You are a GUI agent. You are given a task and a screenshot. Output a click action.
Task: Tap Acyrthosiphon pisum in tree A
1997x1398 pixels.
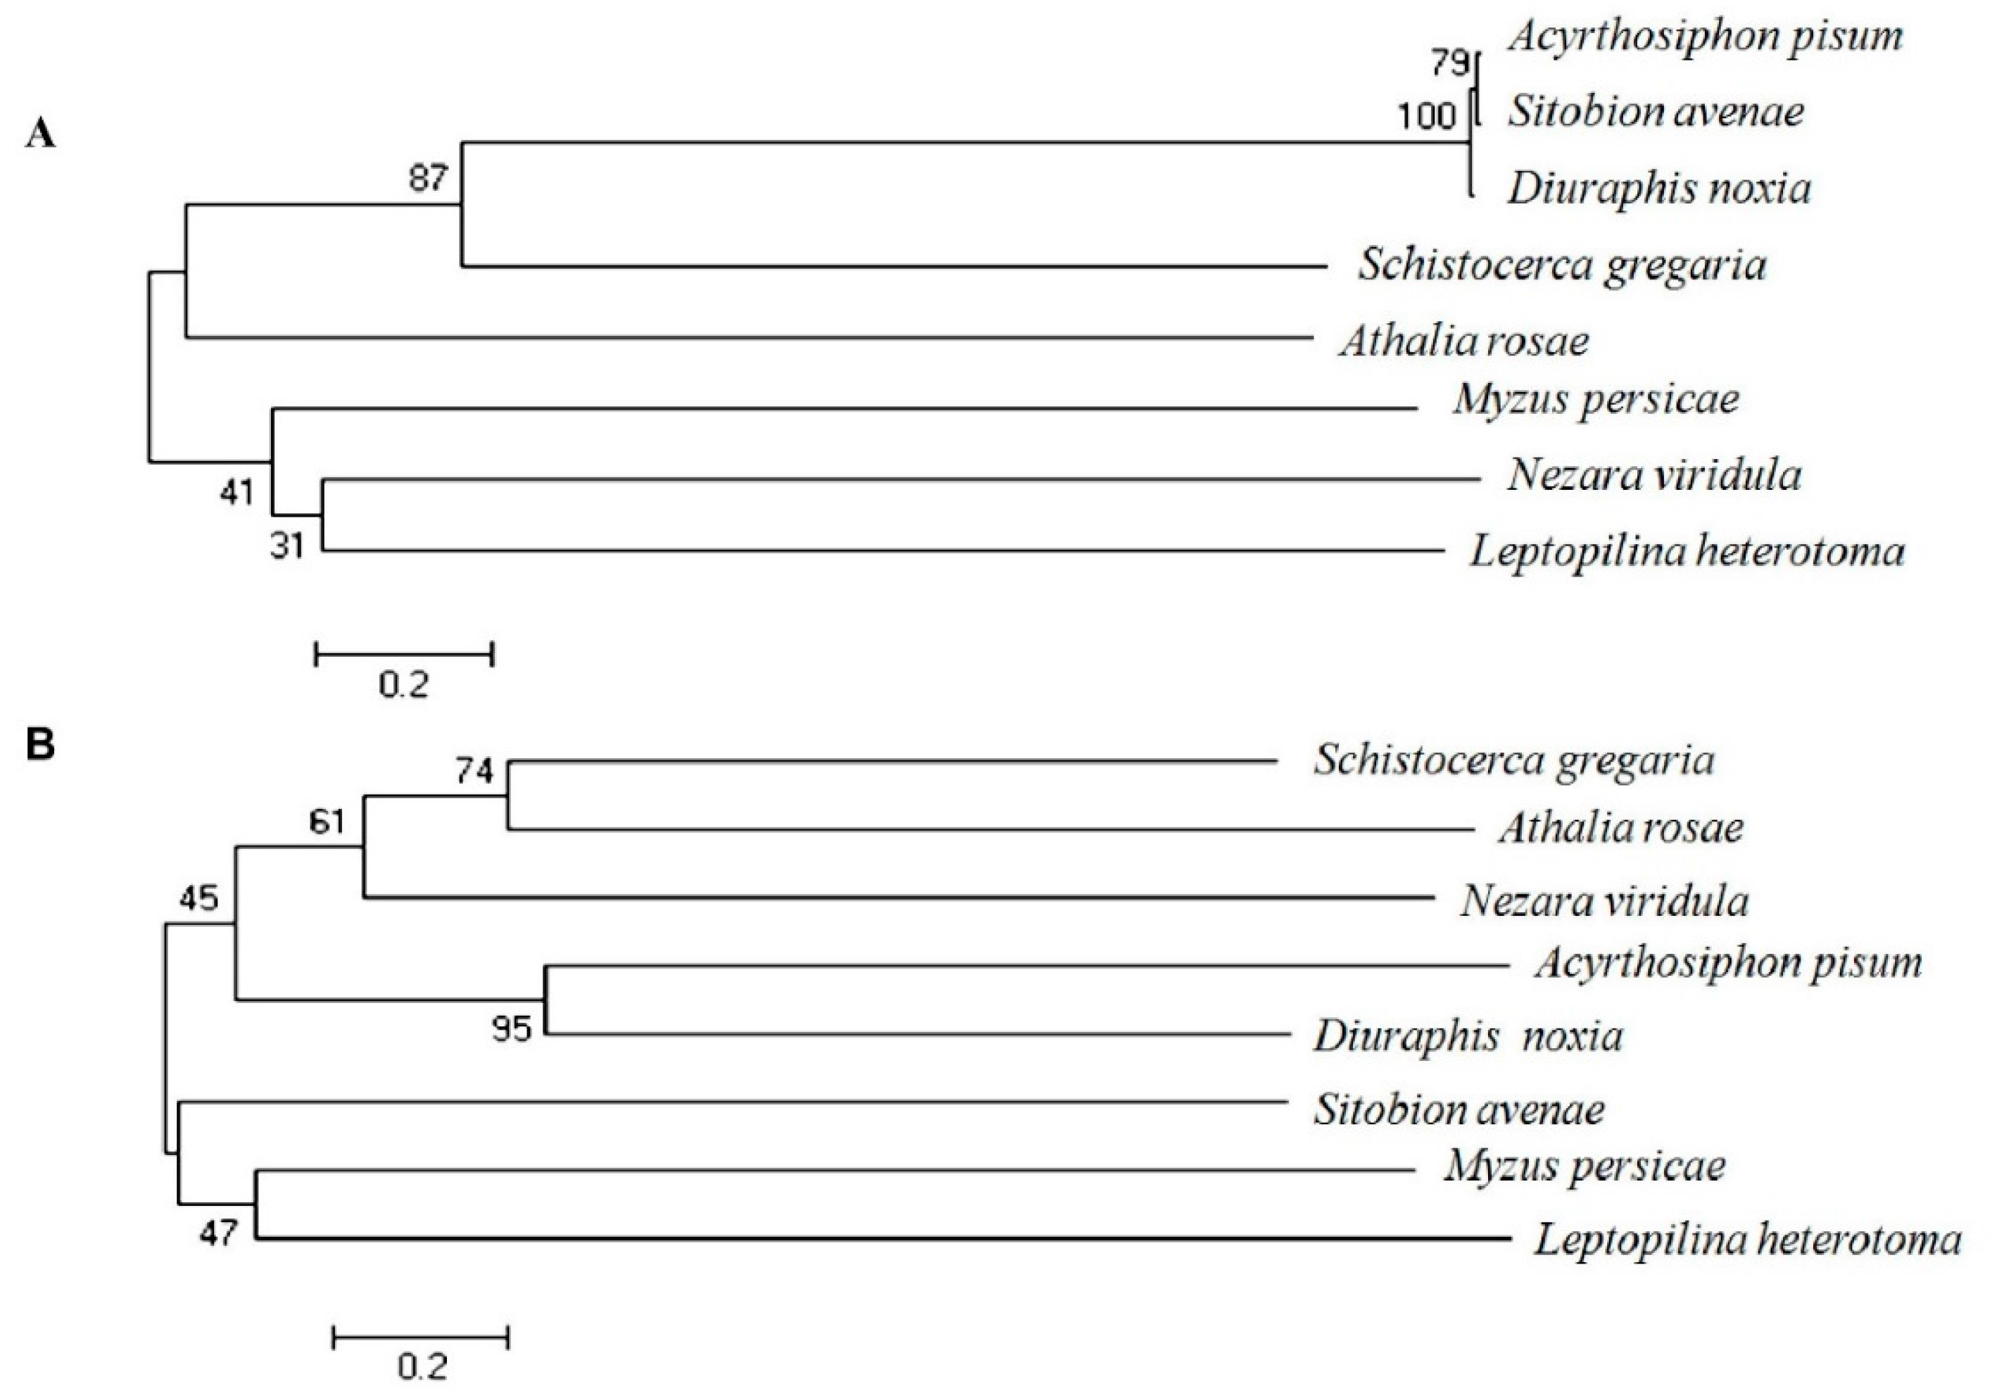[1706, 37]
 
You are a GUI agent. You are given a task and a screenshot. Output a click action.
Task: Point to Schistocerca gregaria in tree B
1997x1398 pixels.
[1513, 760]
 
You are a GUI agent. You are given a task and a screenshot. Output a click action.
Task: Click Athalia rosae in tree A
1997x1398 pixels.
[1465, 340]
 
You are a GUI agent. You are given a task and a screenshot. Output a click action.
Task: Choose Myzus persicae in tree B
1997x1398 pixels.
[1585, 1166]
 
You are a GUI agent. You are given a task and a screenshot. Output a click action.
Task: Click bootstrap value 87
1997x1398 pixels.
[428, 178]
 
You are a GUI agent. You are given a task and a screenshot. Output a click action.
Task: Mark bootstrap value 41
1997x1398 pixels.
[237, 493]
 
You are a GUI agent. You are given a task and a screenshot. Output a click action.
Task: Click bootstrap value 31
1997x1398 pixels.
[287, 546]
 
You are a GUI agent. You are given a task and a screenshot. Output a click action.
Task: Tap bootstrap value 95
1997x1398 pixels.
[510, 1029]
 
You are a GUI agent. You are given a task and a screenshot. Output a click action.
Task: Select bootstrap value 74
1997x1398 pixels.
[474, 771]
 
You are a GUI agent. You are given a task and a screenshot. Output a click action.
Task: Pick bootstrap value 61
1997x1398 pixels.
[327, 821]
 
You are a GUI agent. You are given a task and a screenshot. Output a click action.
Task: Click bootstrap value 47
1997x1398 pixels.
[218, 1233]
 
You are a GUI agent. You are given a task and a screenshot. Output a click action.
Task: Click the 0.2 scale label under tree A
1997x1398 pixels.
[403, 686]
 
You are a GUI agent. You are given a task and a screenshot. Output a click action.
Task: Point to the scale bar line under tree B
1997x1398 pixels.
[421, 1336]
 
